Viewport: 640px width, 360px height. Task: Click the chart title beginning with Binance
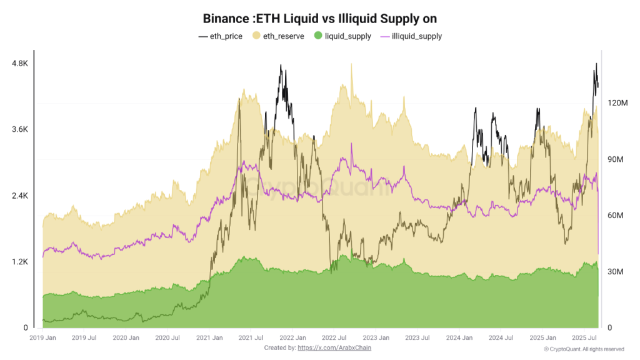[319, 19]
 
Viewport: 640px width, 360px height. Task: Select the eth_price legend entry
[221, 36]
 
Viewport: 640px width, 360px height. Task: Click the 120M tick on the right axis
[615, 102]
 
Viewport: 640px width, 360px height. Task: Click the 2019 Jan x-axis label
[43, 338]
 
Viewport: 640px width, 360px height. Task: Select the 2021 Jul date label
[251, 338]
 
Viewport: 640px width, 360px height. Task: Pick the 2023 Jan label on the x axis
[376, 338]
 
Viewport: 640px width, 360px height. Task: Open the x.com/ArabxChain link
[334, 347]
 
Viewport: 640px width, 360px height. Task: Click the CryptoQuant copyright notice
[583, 349]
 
